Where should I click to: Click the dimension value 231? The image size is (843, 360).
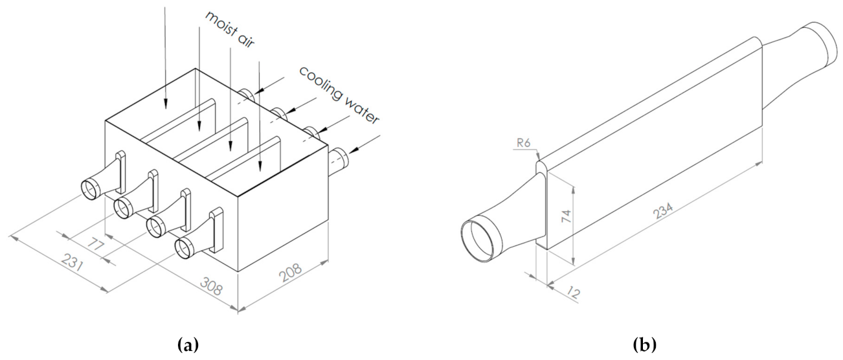coord(72,263)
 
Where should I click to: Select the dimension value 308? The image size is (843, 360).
coord(211,286)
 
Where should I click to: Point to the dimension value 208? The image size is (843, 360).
coord(290,273)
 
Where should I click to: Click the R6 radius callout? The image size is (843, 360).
coord(524,143)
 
